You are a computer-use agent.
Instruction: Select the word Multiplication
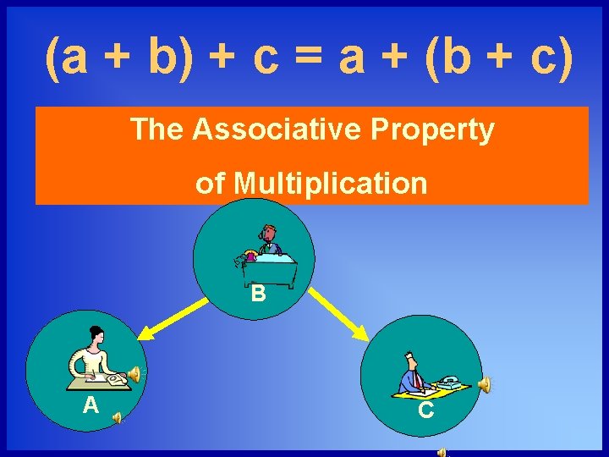[x=330, y=183]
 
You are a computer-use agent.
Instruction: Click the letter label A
[x=91, y=406]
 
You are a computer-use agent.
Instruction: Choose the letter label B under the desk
[x=258, y=294]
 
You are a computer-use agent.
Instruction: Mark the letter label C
[x=426, y=410]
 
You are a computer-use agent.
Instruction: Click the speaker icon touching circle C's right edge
[x=484, y=385]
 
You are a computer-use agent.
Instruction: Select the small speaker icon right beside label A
[x=118, y=416]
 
